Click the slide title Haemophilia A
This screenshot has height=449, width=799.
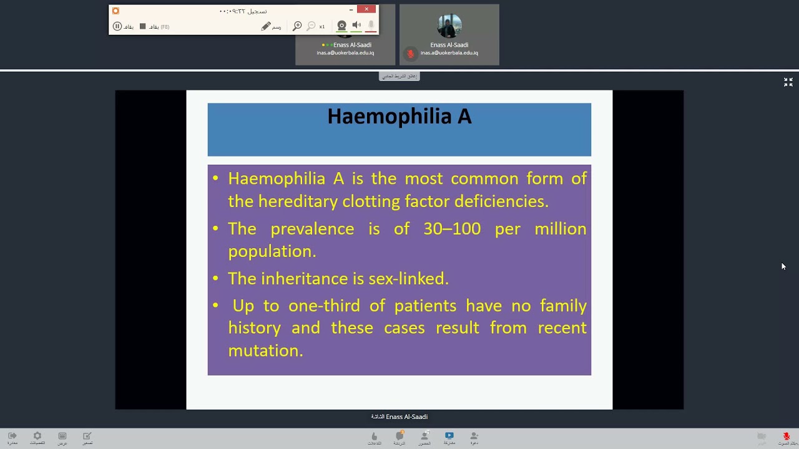399,117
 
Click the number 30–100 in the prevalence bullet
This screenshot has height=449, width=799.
452,229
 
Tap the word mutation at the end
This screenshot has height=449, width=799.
265,350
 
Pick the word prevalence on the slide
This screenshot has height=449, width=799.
312,229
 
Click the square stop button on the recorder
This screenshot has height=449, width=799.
142,26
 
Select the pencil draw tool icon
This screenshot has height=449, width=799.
266,26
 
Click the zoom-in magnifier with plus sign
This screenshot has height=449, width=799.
297,26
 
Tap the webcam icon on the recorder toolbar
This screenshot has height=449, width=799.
341,26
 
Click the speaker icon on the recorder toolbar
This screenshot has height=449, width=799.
356,26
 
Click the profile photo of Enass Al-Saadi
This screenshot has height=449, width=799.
449,27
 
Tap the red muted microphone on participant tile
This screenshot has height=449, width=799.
410,54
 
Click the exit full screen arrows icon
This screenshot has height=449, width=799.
788,82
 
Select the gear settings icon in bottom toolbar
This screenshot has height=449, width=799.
37,436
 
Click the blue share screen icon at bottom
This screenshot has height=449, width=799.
449,435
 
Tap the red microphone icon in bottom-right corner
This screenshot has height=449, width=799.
786,436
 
